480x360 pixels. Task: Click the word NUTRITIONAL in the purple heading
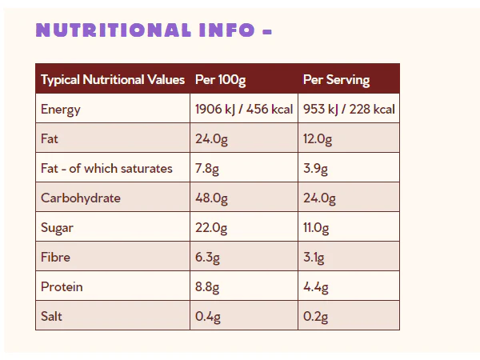point(114,30)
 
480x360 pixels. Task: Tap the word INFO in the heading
point(227,30)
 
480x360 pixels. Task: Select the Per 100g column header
point(221,80)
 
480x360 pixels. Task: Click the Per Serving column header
point(336,80)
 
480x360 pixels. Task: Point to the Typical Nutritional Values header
point(113,80)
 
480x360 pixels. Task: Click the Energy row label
point(61,110)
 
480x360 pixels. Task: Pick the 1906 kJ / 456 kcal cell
point(244,110)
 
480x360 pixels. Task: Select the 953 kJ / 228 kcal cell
point(349,110)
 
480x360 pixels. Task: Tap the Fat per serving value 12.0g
point(318,139)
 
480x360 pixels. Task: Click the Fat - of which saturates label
point(106,168)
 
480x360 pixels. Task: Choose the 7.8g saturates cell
point(207,169)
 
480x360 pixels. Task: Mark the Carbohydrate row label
point(81,198)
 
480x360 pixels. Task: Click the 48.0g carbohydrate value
point(211,198)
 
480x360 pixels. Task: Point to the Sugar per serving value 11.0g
point(316,228)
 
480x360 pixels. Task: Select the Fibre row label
point(55,257)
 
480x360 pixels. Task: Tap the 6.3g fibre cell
point(207,258)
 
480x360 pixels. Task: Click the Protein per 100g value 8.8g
point(207,287)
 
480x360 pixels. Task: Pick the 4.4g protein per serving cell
point(316,287)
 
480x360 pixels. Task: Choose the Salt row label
point(51,316)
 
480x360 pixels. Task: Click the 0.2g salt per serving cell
point(315,317)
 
